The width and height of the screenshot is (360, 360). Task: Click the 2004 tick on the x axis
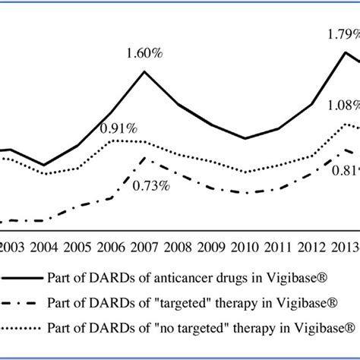pyautogui.click(x=44, y=247)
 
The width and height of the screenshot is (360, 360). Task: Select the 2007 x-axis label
pyautogui.click(x=144, y=247)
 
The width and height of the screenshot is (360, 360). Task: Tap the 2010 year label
pyautogui.click(x=245, y=247)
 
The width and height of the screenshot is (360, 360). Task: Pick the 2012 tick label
pyautogui.click(x=311, y=247)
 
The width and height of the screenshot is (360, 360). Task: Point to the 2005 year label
pyautogui.click(x=77, y=247)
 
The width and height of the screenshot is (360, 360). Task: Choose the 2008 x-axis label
pyautogui.click(x=177, y=247)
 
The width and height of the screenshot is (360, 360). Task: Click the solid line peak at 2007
pyautogui.click(x=144, y=71)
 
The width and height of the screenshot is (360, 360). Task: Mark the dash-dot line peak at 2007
pyautogui.click(x=144, y=159)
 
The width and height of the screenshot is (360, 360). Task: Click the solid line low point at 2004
pyautogui.click(x=44, y=165)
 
